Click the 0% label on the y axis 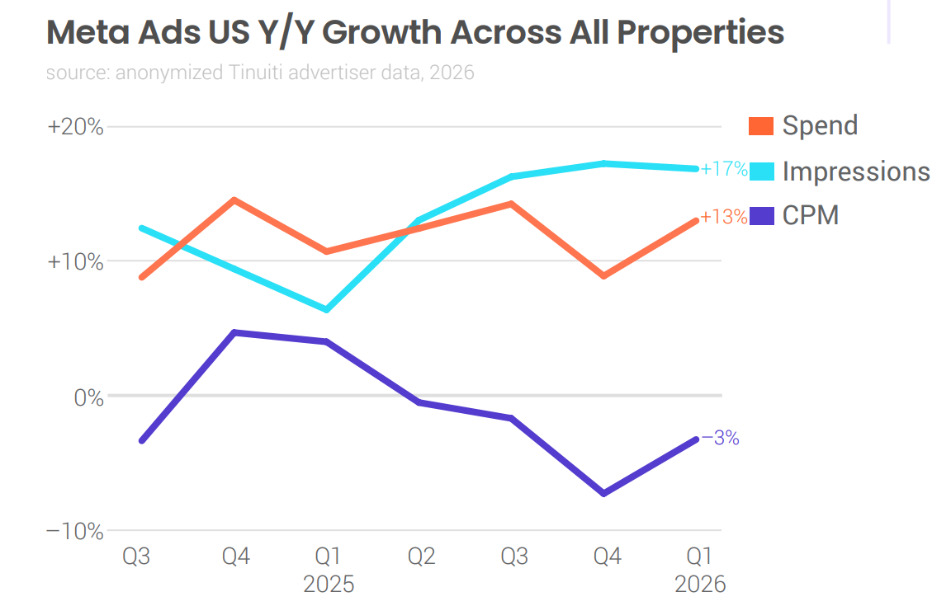(x=85, y=397)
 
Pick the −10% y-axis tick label (x=75, y=531)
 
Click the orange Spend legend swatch (x=761, y=126)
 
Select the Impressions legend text (x=855, y=171)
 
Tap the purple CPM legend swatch (x=761, y=216)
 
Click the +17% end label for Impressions (x=724, y=170)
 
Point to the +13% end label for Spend (x=724, y=218)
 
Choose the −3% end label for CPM (x=720, y=439)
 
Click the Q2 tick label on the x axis (x=422, y=557)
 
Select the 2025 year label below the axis (x=329, y=585)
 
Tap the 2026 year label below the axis (x=700, y=585)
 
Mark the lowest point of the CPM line (x=604, y=493)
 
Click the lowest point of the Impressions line (x=327, y=310)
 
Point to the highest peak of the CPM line (x=235, y=332)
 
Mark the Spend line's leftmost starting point (x=142, y=277)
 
